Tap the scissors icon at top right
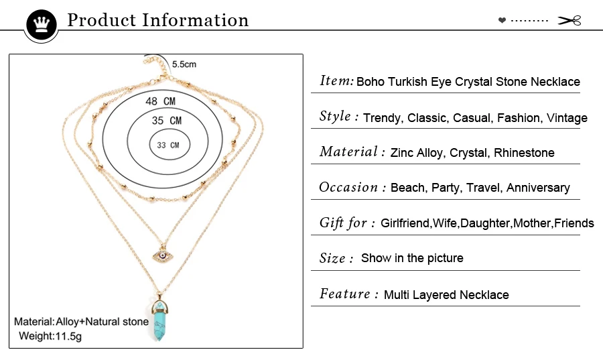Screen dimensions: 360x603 [569, 21]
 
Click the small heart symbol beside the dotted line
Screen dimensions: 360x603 [502, 21]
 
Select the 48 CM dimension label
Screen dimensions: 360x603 [160, 101]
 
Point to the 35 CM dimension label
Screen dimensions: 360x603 [166, 121]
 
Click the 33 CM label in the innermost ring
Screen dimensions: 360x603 [168, 145]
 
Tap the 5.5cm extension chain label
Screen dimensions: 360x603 [184, 64]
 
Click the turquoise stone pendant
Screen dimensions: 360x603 [161, 320]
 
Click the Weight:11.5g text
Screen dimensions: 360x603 [50, 336]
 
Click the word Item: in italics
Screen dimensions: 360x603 [336, 81]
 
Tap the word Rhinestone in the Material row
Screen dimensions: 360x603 [524, 153]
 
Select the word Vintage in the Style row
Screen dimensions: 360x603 [567, 118]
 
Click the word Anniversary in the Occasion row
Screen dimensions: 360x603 [538, 188]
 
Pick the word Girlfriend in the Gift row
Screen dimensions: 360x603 [405, 223]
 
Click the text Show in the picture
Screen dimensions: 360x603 [412, 258]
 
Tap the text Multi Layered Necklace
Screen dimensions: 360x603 [446, 295]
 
